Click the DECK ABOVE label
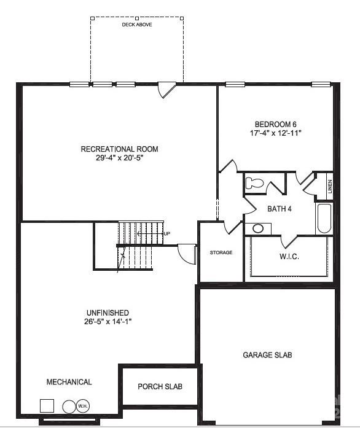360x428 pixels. pos(137,25)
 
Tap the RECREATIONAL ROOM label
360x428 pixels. pos(119,149)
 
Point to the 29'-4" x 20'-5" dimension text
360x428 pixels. pos(119,158)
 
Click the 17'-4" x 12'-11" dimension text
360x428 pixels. pos(276,133)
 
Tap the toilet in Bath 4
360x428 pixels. pos(254,183)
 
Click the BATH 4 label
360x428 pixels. pos(280,209)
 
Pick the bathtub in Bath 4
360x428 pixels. pos(324,219)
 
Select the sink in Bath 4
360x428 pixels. pos(258,228)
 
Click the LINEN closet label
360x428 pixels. pos(330,185)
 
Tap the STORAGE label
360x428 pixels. pos(221,252)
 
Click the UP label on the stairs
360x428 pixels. pos(166,234)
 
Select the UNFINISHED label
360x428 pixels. pos(108,313)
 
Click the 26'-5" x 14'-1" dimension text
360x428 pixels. pos(108,321)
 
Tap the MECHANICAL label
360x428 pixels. pos(69,382)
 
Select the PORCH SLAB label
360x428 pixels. pos(160,387)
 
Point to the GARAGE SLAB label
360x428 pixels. pos(267,355)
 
